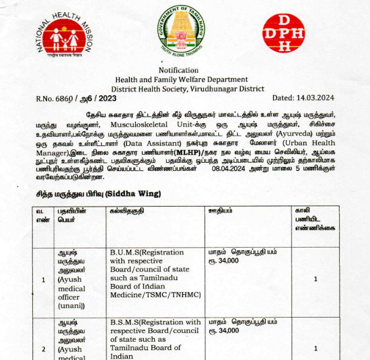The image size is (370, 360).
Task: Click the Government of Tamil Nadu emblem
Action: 183,31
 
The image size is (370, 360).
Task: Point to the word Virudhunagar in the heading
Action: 202,88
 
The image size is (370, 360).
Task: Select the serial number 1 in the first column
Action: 44,279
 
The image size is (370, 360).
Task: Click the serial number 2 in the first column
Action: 44,349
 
